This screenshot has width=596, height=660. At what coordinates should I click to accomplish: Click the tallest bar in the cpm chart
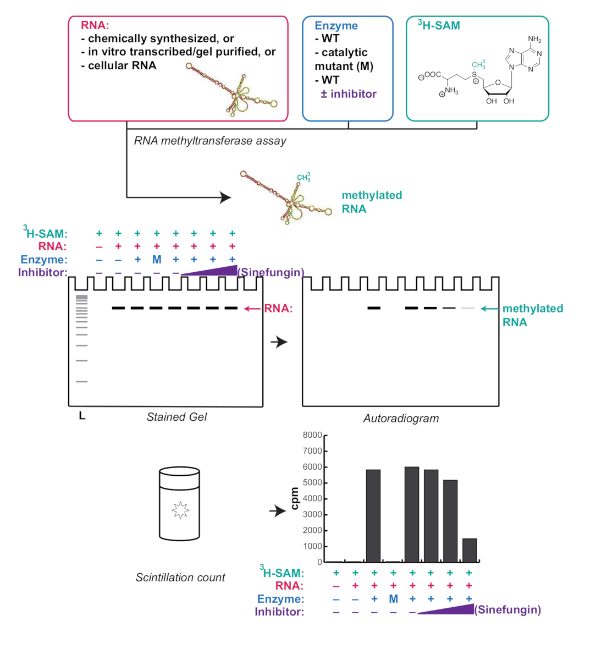411,514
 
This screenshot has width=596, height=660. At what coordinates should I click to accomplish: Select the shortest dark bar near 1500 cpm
470,550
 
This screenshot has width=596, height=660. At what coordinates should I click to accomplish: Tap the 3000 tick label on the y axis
312,514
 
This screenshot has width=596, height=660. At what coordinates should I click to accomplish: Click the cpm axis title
294,498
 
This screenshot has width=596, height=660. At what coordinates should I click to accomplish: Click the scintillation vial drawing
179,503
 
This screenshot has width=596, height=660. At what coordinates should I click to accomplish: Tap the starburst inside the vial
180,510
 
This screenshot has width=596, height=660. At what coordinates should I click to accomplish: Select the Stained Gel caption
176,417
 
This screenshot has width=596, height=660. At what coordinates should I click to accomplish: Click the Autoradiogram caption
401,419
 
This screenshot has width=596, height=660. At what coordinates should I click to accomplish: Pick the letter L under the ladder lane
82,416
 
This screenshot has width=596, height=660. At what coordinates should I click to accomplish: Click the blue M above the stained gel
157,260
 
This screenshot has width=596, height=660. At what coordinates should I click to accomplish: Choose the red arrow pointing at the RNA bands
252,309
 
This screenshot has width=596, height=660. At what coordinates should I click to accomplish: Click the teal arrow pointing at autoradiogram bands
490,309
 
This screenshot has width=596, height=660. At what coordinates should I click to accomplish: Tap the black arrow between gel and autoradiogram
279,342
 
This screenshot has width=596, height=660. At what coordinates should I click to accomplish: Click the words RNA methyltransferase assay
210,141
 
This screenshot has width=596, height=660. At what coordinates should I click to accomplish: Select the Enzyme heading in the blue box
336,26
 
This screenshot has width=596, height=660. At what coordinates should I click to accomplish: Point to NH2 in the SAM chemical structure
534,39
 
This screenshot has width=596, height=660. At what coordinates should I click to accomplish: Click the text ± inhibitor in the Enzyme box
349,94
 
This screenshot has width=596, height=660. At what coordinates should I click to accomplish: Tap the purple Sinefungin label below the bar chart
507,609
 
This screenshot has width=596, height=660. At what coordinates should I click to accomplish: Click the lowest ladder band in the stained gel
81,382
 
